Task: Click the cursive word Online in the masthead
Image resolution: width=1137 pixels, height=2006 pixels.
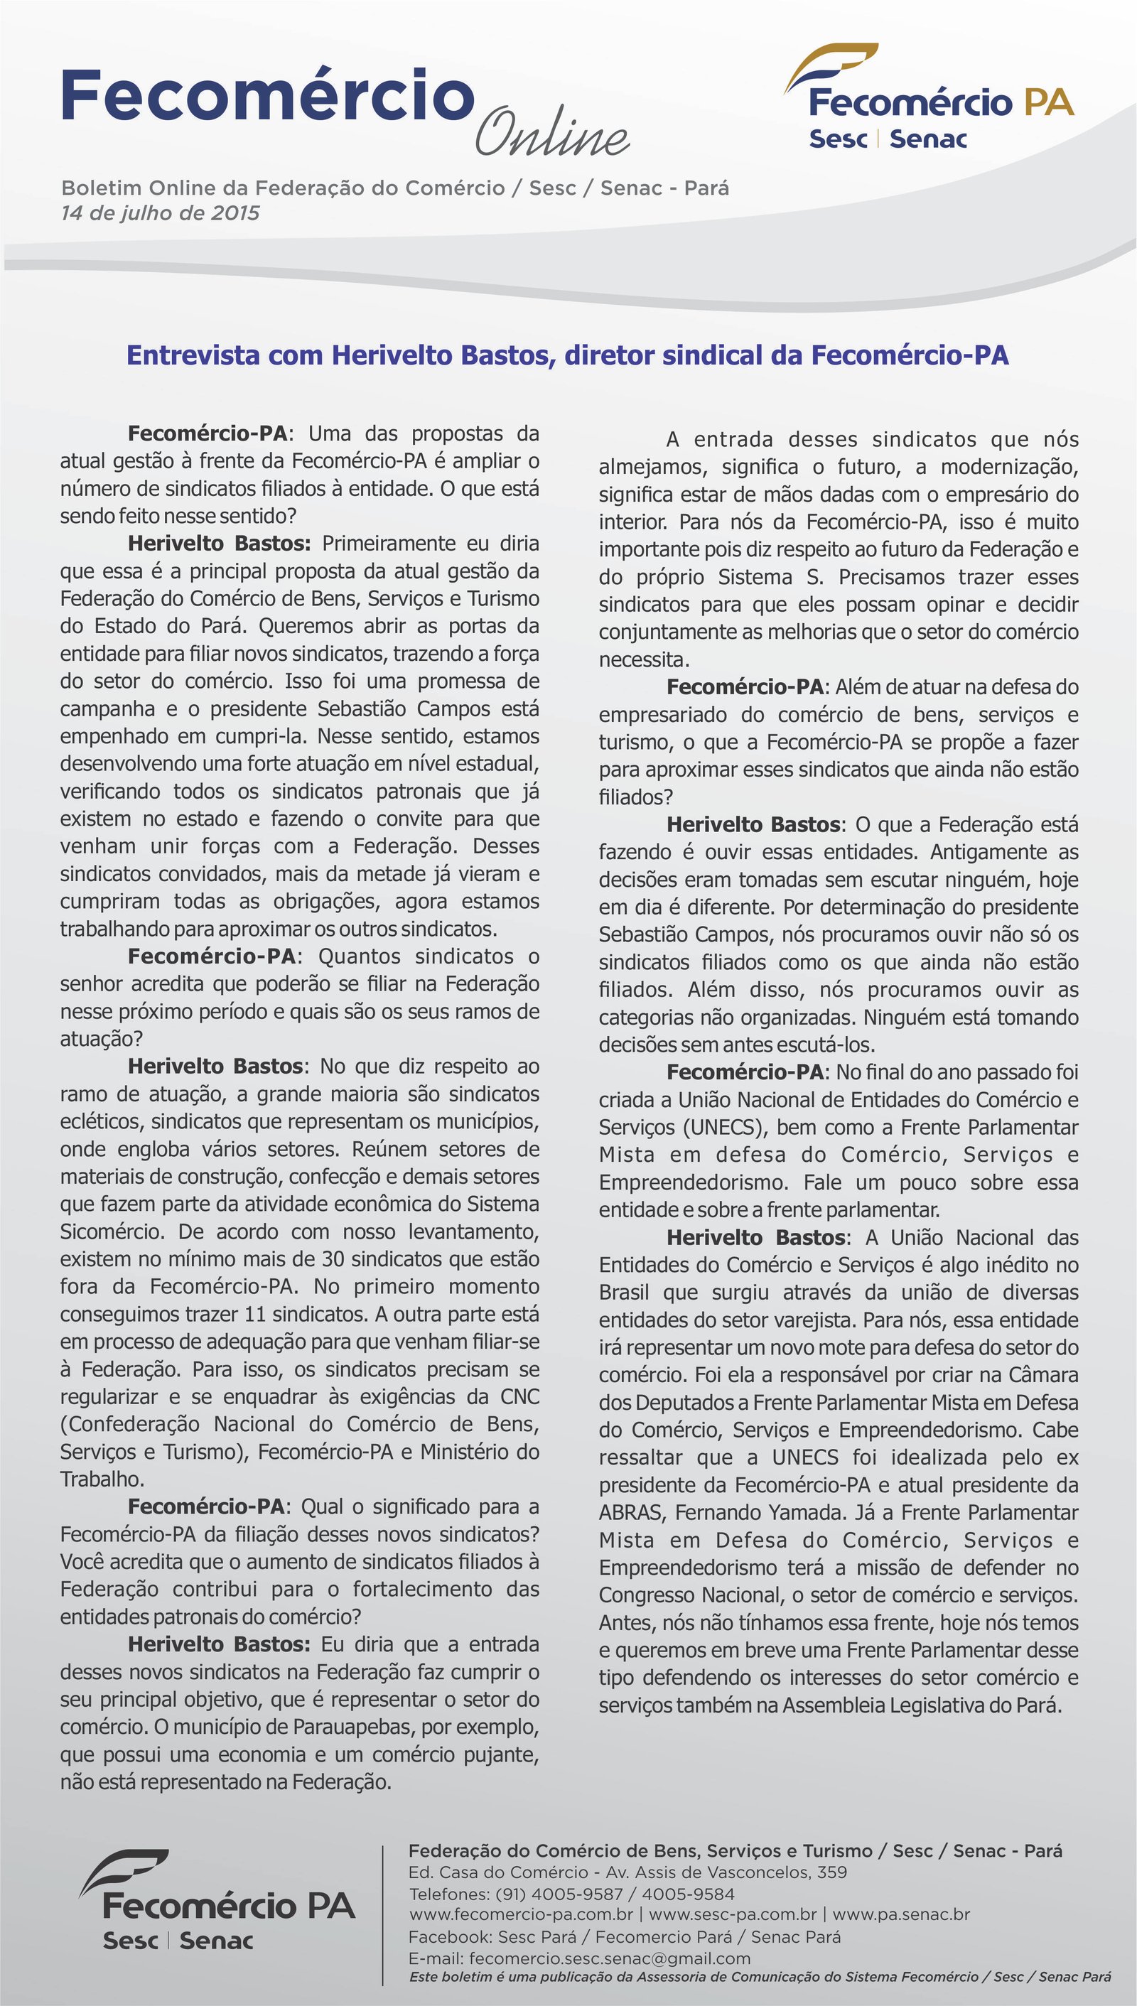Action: pos(551,132)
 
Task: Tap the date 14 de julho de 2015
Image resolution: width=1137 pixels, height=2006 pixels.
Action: pos(160,213)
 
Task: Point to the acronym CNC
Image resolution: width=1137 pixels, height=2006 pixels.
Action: pos(519,1396)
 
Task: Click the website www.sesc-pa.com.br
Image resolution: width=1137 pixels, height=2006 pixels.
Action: pos(733,1914)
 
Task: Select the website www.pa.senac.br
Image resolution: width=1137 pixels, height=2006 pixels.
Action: pos(901,1914)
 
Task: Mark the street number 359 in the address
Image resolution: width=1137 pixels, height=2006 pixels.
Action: pos(832,1872)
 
